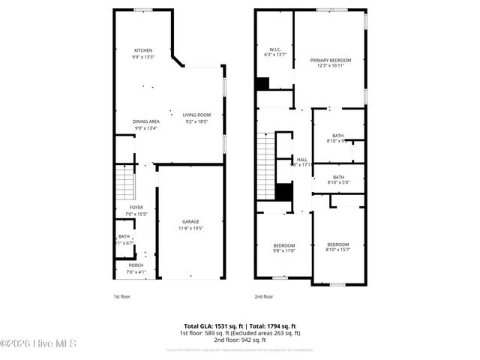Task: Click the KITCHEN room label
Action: coord(142,50)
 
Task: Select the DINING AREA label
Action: coord(146,121)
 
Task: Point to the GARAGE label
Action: coord(190,222)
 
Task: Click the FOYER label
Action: coord(136,208)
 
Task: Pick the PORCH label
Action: coord(136,265)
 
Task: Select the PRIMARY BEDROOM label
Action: coord(331,60)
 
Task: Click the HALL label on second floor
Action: coord(302,160)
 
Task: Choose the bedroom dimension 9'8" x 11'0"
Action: coord(283,251)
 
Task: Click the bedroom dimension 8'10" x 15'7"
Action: coord(337,250)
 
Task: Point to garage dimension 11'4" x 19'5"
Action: coord(190,228)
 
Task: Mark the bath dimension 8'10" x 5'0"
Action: coord(337,183)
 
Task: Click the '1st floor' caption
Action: coord(122,296)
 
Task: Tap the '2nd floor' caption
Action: coord(264,296)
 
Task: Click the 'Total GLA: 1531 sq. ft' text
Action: coord(209,326)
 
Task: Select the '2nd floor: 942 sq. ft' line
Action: coord(239,340)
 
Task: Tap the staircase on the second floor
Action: coord(266,166)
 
